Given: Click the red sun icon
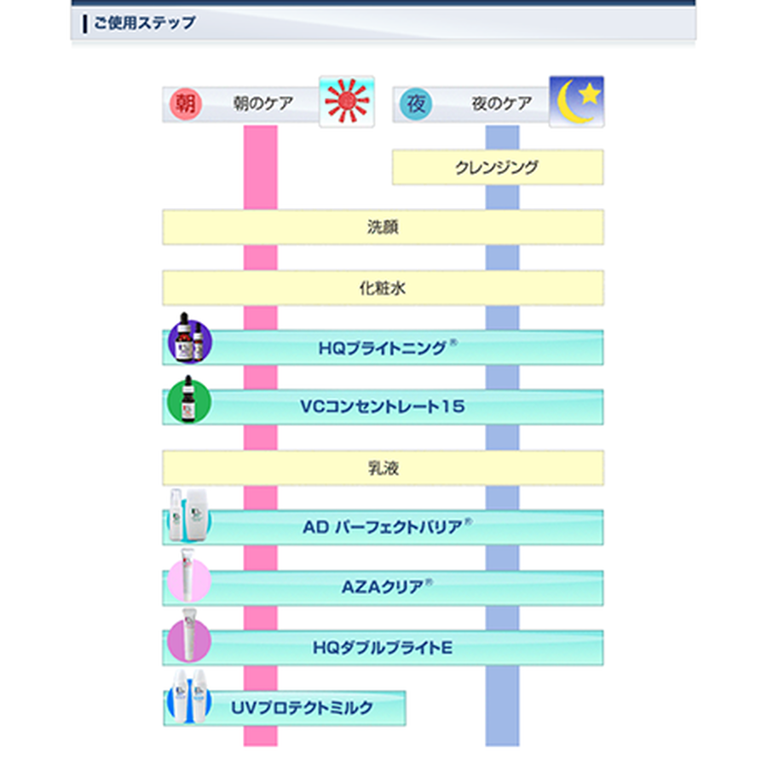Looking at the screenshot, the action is (347, 101).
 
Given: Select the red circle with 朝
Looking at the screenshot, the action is (186, 104).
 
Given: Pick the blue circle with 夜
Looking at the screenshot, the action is (416, 104).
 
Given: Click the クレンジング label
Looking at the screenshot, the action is (497, 168).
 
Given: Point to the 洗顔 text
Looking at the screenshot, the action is (383, 228).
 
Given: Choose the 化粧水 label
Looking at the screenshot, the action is (383, 288).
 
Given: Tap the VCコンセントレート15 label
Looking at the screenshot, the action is (383, 407).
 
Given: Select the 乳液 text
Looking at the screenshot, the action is (383, 469).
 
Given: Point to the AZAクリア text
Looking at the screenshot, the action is (387, 586).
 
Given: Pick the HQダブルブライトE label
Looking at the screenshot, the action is (383, 649).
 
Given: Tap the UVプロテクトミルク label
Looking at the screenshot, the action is (302, 708).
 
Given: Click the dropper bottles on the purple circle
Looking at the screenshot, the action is (190, 338).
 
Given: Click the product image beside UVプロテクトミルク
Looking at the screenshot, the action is (189, 696).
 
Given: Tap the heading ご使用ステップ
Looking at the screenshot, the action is (145, 23).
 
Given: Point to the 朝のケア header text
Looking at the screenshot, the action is (263, 104).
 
